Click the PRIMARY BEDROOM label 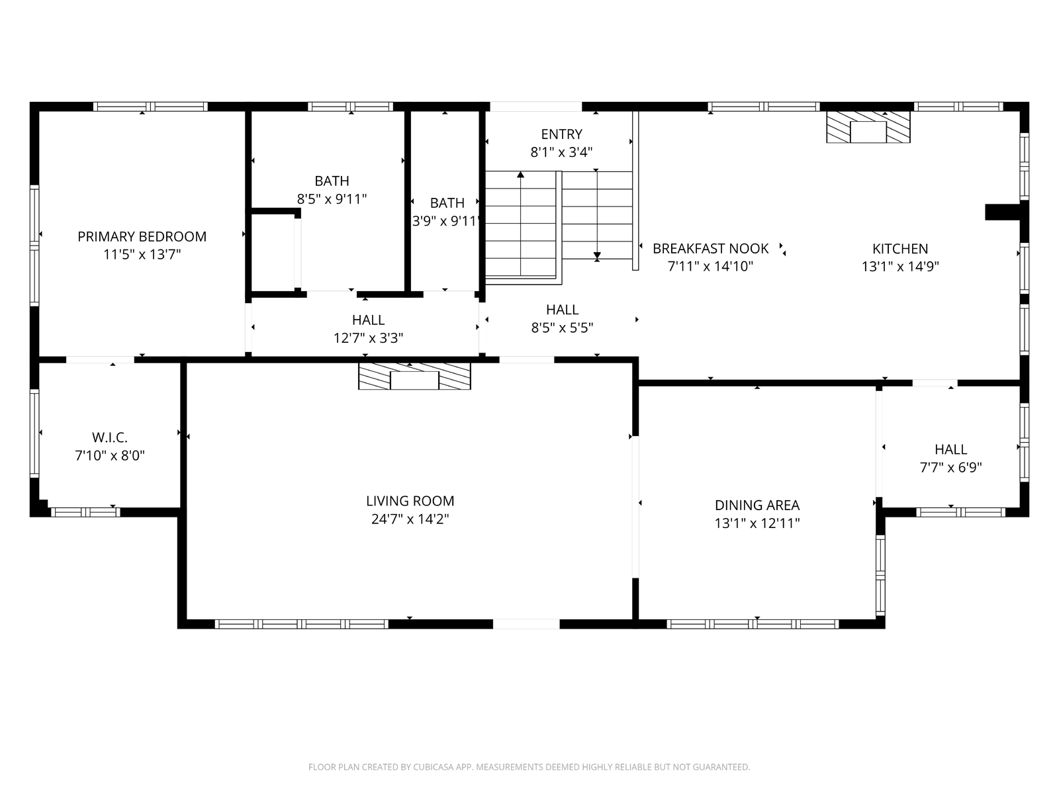point(142,236)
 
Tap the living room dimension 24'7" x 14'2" point(410,519)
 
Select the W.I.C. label point(109,438)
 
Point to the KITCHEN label point(899,249)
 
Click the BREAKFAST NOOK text point(710,249)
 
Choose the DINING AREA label point(757,506)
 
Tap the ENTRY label point(561,134)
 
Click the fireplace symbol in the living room point(414,376)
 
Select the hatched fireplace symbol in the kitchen point(868,127)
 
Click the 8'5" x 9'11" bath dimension point(332,199)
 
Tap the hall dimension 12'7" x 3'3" point(368,338)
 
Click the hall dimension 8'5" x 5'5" point(562,328)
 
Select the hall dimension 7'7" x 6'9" point(950,468)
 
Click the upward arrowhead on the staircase point(521,175)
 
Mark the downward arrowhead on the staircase point(597,255)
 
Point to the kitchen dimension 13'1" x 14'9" point(900,267)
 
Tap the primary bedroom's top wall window point(150,107)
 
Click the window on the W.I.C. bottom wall point(85,512)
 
